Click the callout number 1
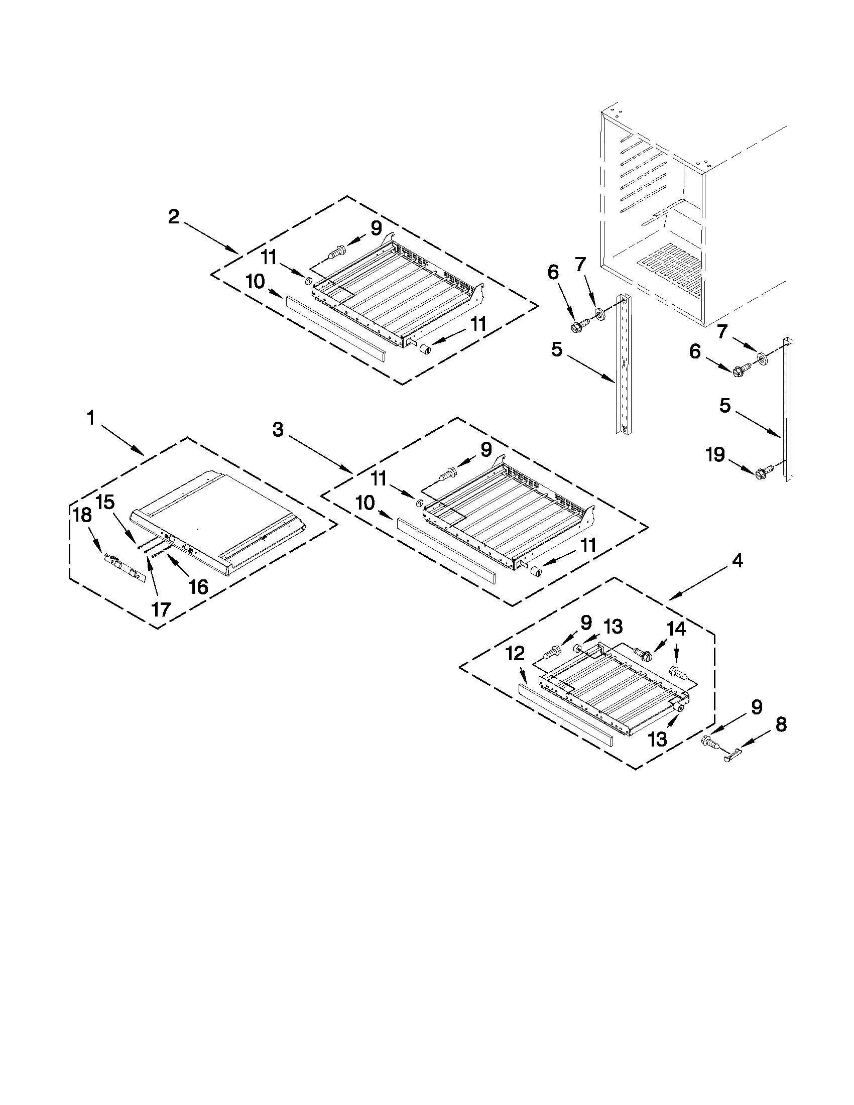[90, 418]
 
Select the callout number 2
[174, 217]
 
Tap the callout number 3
[278, 430]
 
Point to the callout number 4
[738, 561]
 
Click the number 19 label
[715, 455]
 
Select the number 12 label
[515, 654]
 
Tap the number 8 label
[781, 724]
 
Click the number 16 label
[198, 587]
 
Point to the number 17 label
[161, 609]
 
